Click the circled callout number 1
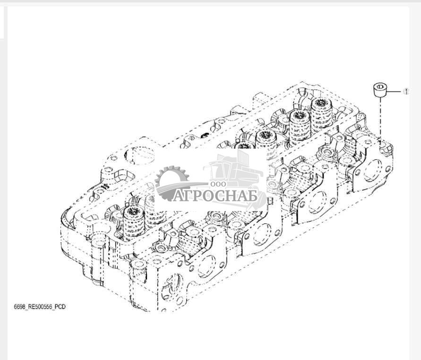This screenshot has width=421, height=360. click(x=406, y=91)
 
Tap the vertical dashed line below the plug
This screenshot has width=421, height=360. click(x=380, y=119)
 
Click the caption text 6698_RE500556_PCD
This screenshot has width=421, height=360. click(x=40, y=307)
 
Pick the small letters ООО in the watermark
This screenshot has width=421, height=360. click(x=218, y=184)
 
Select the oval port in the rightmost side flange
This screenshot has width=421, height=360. click(x=373, y=171)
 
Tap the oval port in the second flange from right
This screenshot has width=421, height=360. click(x=318, y=202)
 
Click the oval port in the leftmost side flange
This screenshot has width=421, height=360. click(x=207, y=266)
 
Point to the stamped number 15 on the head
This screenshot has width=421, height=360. click(x=105, y=186)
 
